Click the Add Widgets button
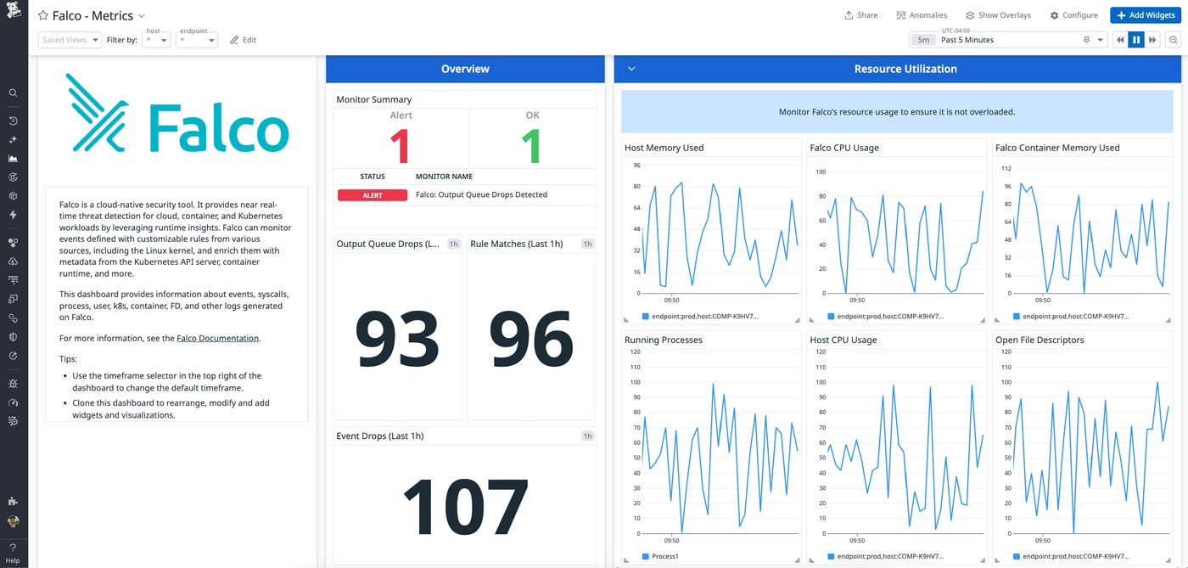1146,15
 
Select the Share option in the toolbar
860,15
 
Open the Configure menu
1073,15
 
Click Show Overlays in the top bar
998,15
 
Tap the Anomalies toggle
922,15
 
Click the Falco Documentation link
217,338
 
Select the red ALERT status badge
373,195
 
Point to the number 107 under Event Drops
465,507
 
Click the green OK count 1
531,145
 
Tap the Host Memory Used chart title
664,148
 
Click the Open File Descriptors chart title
1040,340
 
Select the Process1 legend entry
664,556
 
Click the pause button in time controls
1136,40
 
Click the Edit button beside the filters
243,40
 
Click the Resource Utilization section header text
905,69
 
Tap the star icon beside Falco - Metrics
42,16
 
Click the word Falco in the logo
218,130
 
